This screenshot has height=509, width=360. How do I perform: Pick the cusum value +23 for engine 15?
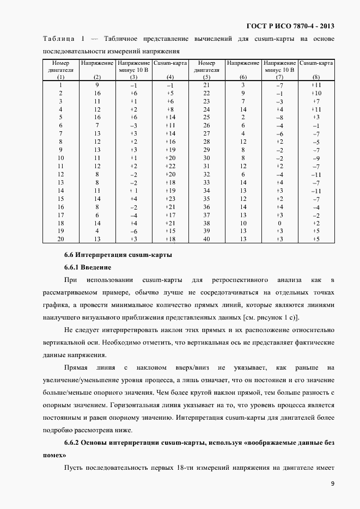click(170, 199)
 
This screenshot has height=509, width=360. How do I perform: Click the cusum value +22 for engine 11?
click(170, 166)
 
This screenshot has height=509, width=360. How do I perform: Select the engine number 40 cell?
click(206, 240)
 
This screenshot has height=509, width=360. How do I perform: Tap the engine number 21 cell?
click(206, 85)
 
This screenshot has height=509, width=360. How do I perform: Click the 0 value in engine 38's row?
click(279, 223)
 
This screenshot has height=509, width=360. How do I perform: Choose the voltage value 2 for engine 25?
click(243, 117)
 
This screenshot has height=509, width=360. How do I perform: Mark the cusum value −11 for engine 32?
click(316, 175)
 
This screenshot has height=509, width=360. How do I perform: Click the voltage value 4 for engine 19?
click(97, 231)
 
